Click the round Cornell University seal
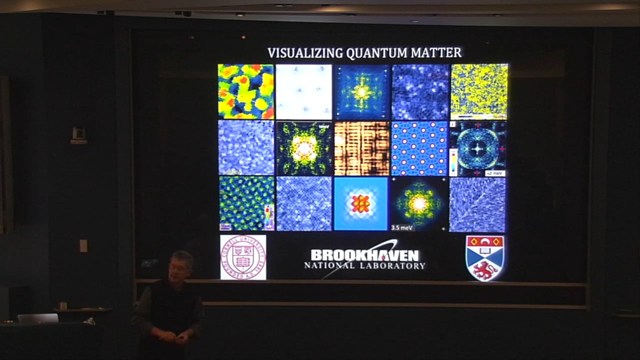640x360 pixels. [x=243, y=257]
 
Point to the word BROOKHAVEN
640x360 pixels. [x=364, y=254]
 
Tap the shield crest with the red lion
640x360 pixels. [x=485, y=258]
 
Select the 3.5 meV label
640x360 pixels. [x=402, y=227]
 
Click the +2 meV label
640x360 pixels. [x=494, y=173]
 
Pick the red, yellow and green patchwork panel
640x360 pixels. [x=246, y=91]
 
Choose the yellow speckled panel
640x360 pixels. [x=479, y=91]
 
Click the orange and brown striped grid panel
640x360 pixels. [x=362, y=148]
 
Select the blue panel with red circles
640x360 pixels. [x=419, y=148]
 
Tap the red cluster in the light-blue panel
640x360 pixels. [x=360, y=203]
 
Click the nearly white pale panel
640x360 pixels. [x=304, y=91]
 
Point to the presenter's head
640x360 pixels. [x=181, y=265]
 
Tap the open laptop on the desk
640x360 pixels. [x=38, y=318]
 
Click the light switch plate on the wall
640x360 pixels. [x=83, y=245]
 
